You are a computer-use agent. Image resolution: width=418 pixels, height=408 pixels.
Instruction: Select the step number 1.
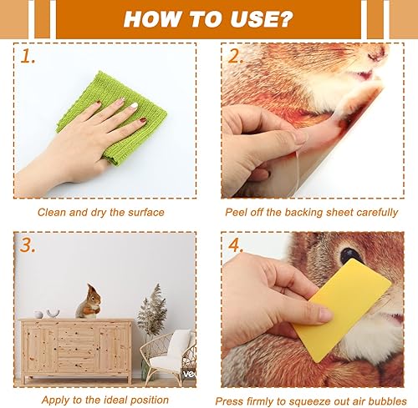[28, 58]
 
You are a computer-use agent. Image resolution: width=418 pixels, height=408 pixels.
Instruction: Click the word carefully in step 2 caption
[373, 212]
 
